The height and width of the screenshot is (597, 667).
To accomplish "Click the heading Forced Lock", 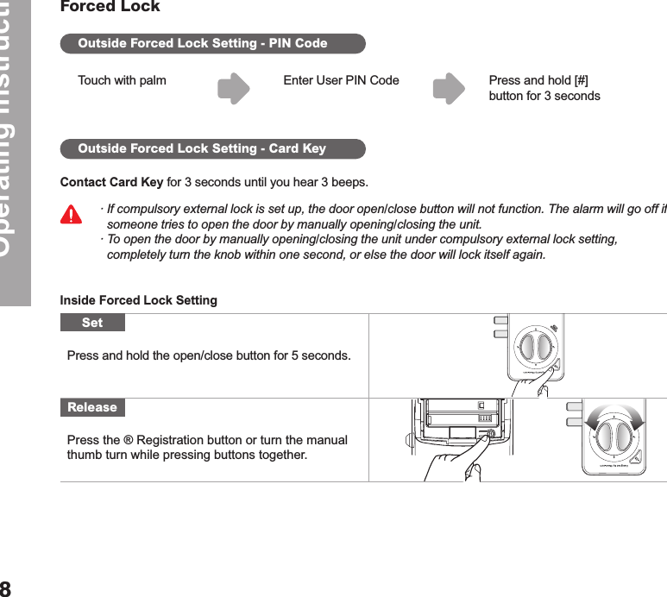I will pyautogui.click(x=110, y=8).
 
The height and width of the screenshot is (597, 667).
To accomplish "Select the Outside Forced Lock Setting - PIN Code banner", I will pyautogui.click(x=212, y=43).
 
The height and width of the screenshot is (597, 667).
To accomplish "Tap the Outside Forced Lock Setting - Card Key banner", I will pyautogui.click(x=212, y=148).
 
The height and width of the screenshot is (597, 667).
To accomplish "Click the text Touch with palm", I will pyautogui.click(x=122, y=81).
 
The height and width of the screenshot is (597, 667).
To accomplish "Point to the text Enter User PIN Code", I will pyautogui.click(x=341, y=81).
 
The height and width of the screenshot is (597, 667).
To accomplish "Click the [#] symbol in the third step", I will pyautogui.click(x=581, y=81).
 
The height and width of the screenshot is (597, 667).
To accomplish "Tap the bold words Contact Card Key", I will pyautogui.click(x=111, y=183).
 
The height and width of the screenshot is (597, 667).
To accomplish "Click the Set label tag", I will pyautogui.click(x=92, y=323).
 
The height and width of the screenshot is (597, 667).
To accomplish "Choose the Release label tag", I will pyautogui.click(x=92, y=407).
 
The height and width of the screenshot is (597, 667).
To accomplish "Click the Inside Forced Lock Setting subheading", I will pyautogui.click(x=138, y=300).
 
